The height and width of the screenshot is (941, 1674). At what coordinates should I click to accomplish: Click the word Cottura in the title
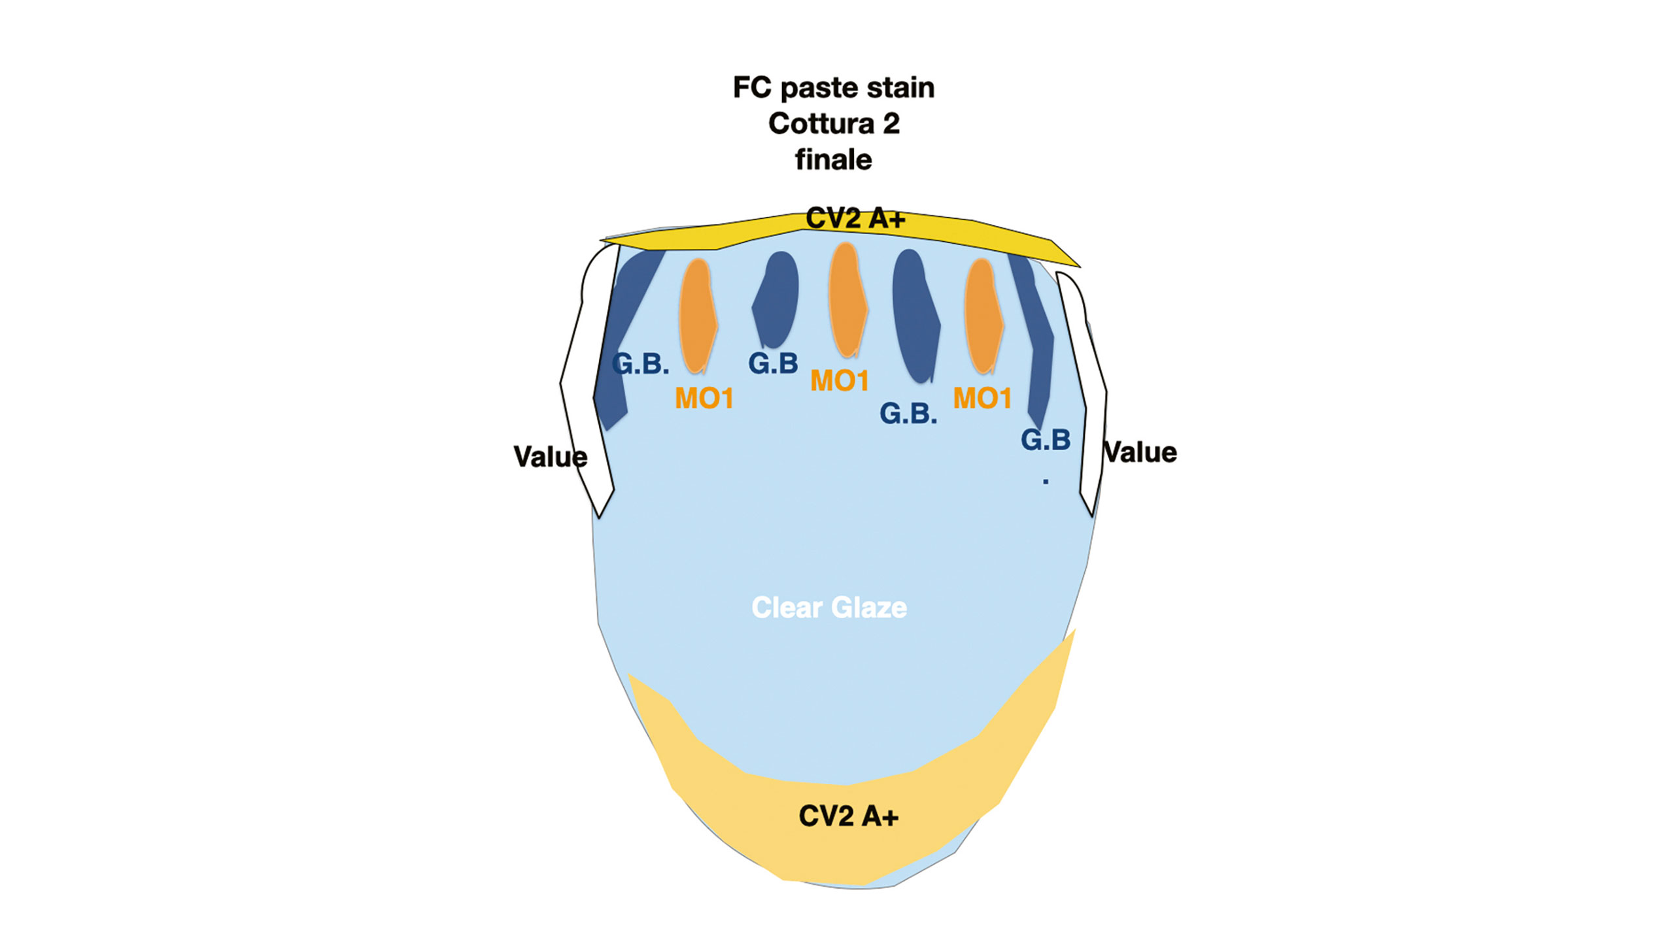pyautogui.click(x=821, y=124)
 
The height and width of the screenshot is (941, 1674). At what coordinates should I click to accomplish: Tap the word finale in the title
pyautogui.click(x=833, y=160)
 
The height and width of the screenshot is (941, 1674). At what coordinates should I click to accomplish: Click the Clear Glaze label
pyautogui.click(x=829, y=608)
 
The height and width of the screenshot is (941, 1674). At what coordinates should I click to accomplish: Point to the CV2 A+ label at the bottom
pyautogui.click(x=849, y=816)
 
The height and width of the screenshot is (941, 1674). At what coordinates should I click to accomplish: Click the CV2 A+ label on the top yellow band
pyautogui.click(x=855, y=219)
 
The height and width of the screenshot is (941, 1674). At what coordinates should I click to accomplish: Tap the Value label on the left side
pyautogui.click(x=549, y=457)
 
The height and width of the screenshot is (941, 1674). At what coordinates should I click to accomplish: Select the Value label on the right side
pyautogui.click(x=1141, y=452)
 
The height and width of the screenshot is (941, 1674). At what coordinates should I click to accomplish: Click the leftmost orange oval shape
pyautogui.click(x=698, y=316)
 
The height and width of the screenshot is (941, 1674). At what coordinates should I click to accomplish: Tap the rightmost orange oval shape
pyautogui.click(x=983, y=316)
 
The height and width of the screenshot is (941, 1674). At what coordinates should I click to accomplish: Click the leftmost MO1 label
pyautogui.click(x=704, y=399)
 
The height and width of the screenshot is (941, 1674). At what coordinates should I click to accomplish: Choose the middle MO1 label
pyautogui.click(x=839, y=381)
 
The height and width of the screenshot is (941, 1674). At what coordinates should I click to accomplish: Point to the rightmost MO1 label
pyautogui.click(x=982, y=398)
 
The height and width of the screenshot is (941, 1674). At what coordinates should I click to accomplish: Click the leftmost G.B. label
pyautogui.click(x=640, y=364)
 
